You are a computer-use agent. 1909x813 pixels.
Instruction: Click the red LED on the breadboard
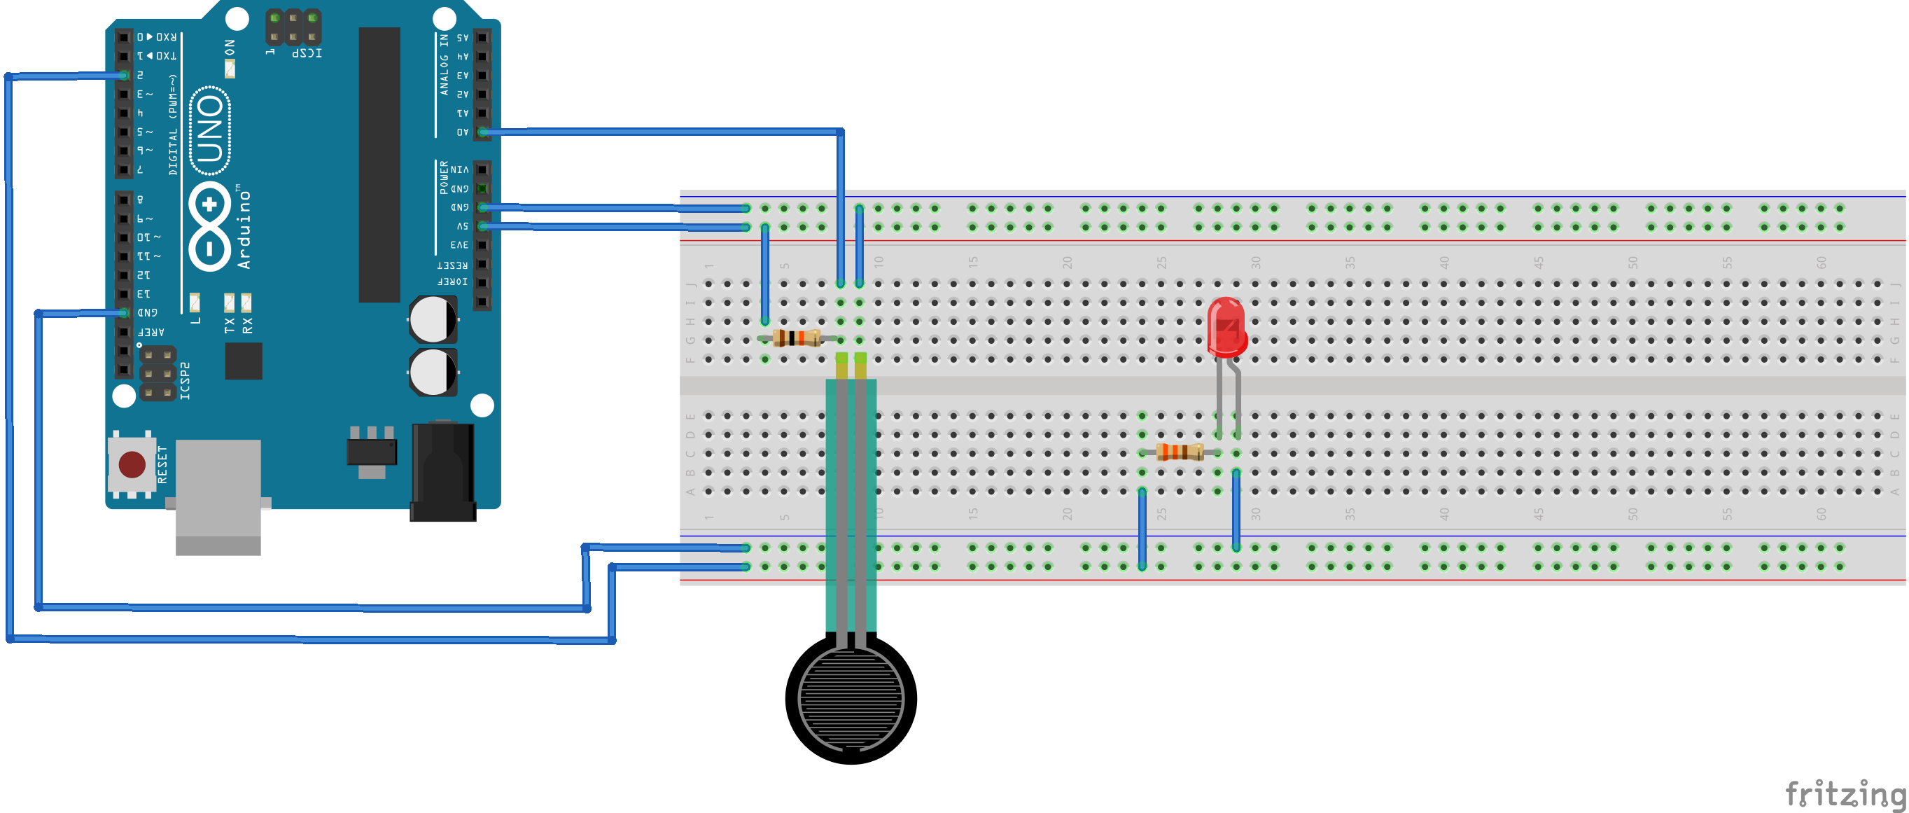[1226, 327]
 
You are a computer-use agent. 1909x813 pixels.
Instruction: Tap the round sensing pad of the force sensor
[851, 697]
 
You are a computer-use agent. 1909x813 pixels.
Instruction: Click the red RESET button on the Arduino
[132, 465]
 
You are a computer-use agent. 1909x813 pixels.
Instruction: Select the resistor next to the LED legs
[1179, 452]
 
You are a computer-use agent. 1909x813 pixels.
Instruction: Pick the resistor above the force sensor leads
[797, 338]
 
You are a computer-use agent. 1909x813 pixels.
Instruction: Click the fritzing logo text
[1845, 793]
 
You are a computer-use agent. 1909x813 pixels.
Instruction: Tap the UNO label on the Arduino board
[211, 130]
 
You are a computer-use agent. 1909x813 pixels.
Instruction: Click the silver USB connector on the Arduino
[218, 495]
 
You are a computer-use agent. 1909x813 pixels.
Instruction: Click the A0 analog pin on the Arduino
[482, 132]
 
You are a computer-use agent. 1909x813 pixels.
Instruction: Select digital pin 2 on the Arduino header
[124, 76]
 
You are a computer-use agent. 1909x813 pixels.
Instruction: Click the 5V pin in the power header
[482, 226]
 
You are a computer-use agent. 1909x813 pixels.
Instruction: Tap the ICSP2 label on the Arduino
[186, 381]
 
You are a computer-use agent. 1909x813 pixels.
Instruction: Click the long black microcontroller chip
[379, 165]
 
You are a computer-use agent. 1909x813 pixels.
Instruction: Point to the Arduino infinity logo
[210, 226]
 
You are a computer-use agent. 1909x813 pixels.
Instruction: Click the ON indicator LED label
[230, 49]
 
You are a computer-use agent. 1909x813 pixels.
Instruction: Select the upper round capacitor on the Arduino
[433, 319]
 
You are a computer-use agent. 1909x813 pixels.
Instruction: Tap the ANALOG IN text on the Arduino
[444, 64]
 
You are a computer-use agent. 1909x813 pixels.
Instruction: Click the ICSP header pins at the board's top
[293, 26]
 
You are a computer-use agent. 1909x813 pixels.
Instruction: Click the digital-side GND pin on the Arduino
[124, 313]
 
